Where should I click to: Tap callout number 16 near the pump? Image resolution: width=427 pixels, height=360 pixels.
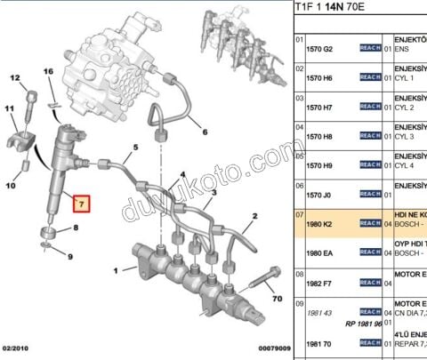tap(49, 71)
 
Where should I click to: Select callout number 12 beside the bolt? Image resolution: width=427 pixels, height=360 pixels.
tap(15, 79)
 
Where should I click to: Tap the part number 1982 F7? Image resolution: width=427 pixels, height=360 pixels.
tap(321, 283)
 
